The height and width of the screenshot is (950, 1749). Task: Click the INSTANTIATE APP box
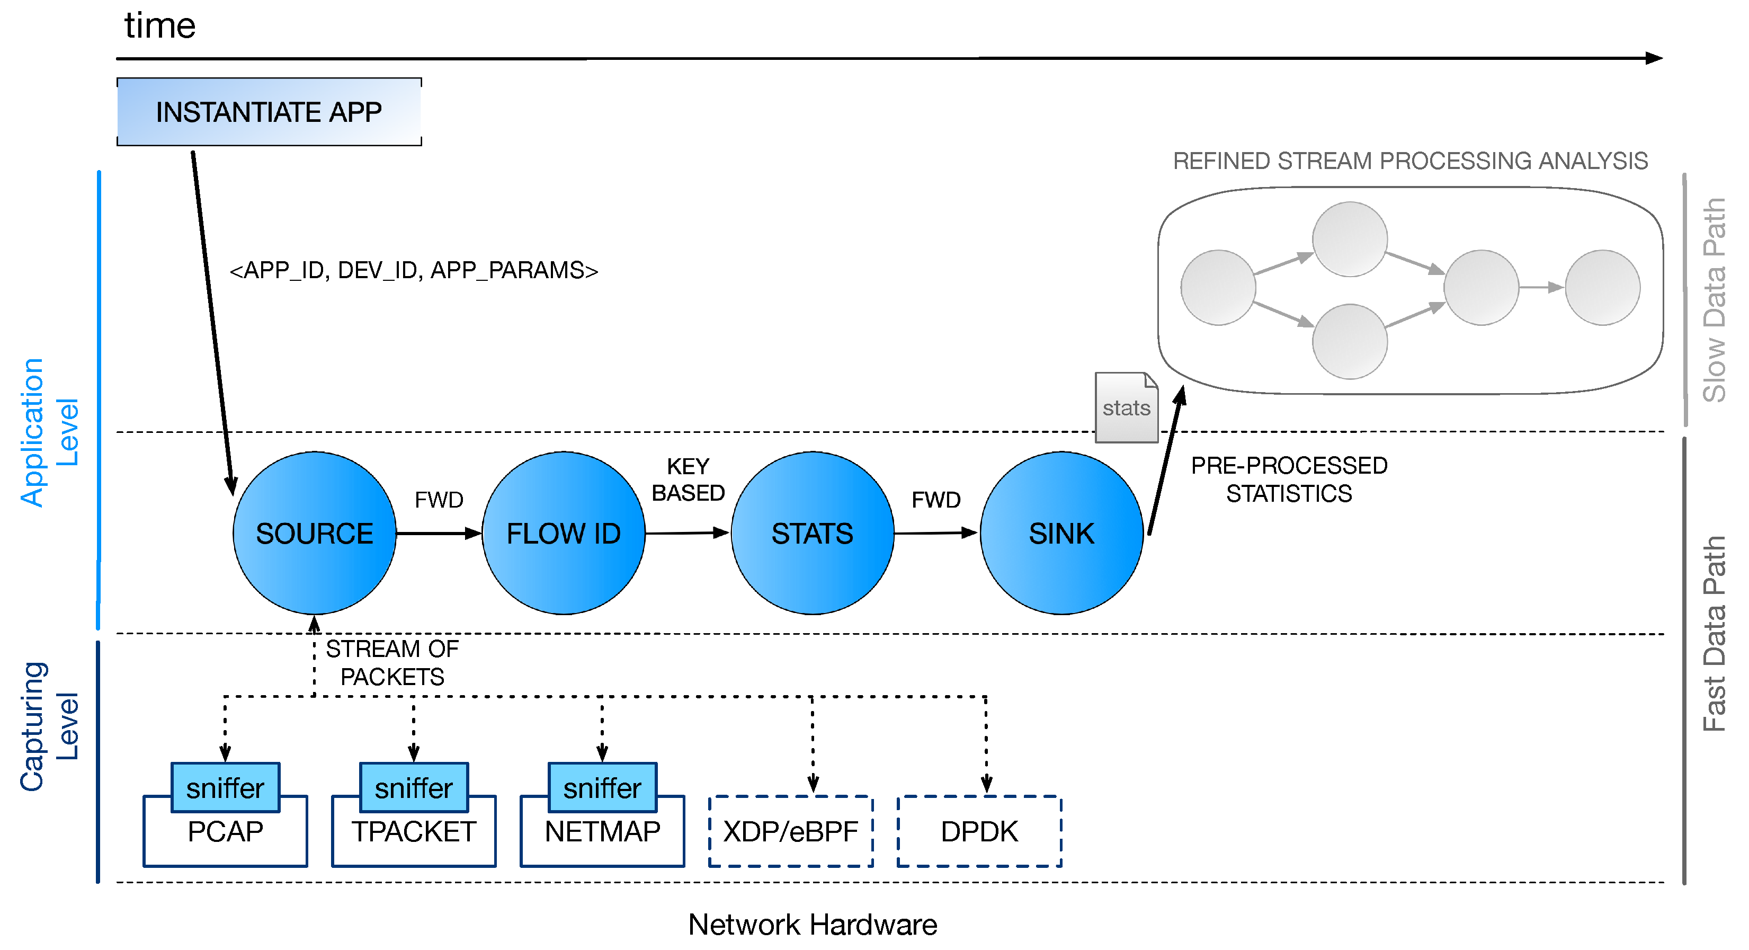coord(269,112)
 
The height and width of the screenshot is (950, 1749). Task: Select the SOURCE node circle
coord(314,533)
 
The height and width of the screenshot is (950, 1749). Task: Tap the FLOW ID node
coord(564,533)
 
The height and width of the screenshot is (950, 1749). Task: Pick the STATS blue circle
coord(812,533)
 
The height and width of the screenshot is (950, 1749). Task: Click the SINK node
coord(1061,533)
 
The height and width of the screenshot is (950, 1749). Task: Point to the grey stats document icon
coord(1127,407)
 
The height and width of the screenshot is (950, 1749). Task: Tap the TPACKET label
coord(414,832)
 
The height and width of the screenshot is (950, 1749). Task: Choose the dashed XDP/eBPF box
coord(790,832)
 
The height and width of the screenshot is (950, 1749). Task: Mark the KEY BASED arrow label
coord(688,480)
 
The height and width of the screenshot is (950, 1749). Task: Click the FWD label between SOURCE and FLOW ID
coord(439,500)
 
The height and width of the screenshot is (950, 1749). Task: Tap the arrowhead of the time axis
coord(1654,58)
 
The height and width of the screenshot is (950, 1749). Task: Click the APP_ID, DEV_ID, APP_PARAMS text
coord(414,270)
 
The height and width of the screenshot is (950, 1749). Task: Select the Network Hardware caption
coord(812,924)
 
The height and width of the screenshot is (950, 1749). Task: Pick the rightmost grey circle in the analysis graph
coord(1602,287)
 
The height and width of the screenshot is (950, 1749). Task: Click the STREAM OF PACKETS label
coord(392,663)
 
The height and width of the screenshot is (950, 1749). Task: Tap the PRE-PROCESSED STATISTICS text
coord(1289,480)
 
